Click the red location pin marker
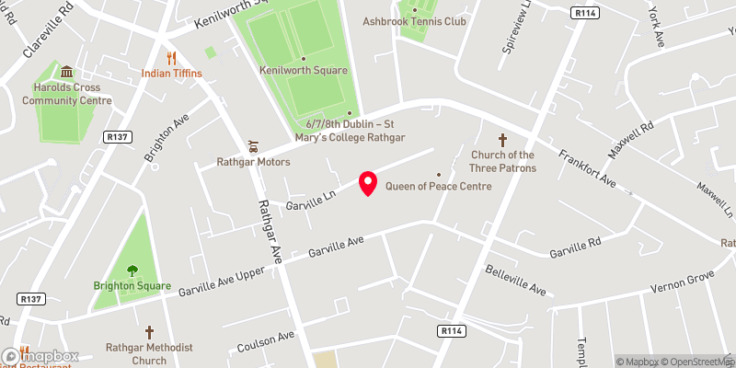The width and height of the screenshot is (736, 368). [368, 183]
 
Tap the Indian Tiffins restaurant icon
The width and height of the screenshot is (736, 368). [171, 57]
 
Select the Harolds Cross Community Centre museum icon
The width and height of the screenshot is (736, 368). [66, 72]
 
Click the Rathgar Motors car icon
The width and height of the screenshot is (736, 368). [253, 146]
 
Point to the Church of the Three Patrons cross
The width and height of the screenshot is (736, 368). [502, 140]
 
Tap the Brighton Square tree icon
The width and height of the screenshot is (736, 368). [132, 270]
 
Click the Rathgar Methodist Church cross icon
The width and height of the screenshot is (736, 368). [149, 331]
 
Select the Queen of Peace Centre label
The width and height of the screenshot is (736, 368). [438, 186]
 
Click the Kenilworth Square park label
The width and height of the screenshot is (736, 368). [303, 70]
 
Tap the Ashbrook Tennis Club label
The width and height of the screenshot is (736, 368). [414, 21]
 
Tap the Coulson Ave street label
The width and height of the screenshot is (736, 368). [265, 340]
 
